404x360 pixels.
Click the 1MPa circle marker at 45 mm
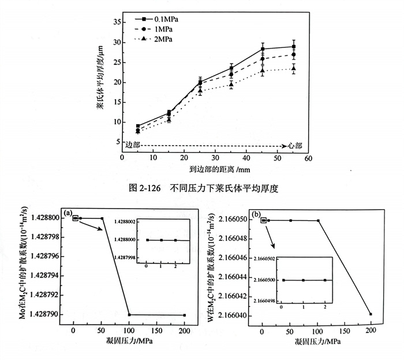coord(263,59)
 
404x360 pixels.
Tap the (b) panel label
coord(257,213)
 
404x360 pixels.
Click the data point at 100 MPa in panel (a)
coord(129,315)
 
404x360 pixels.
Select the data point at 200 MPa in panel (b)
coord(371,314)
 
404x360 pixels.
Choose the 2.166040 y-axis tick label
coord(231,316)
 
